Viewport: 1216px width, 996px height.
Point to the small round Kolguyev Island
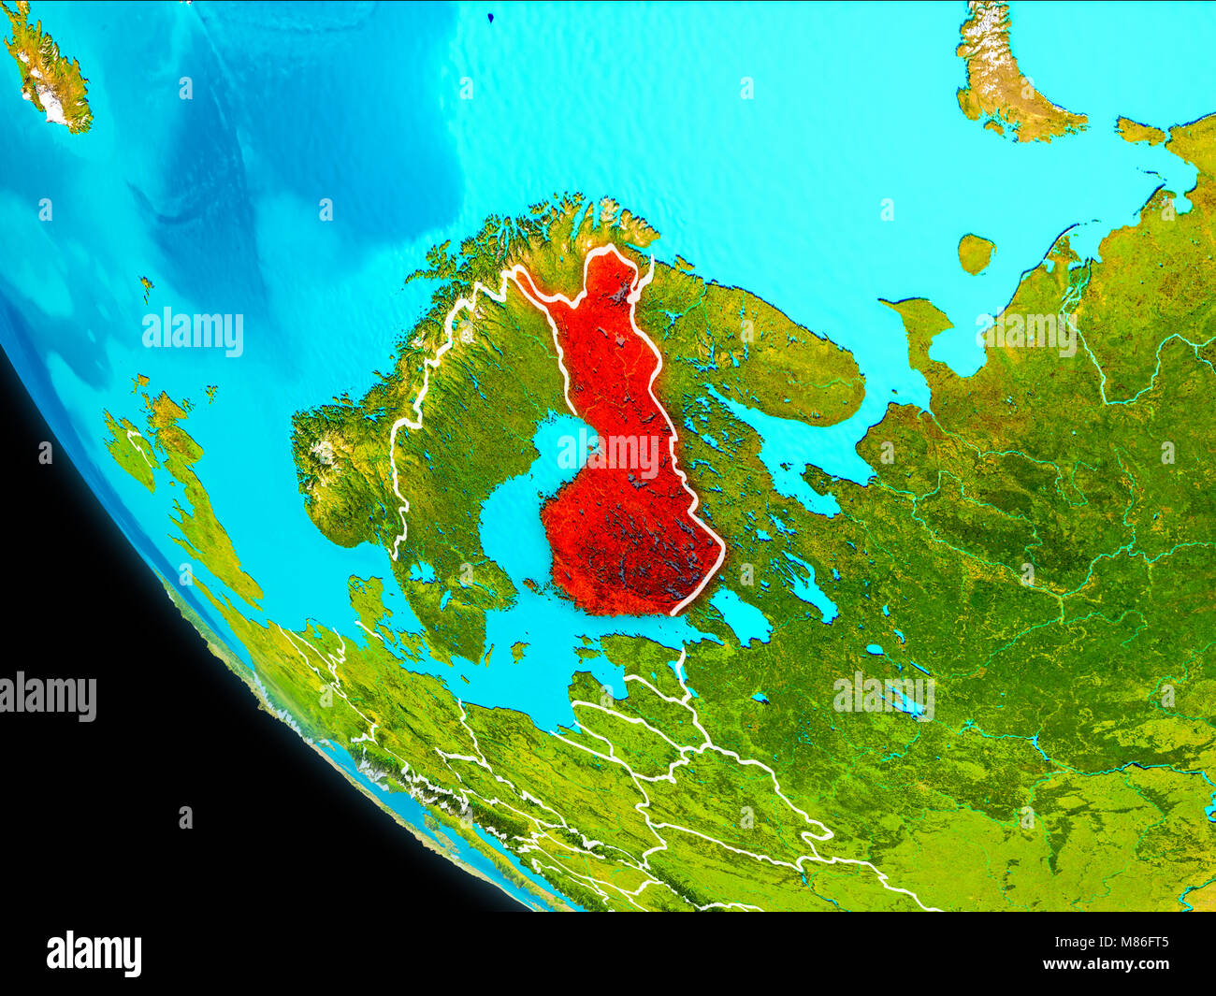[x=975, y=253]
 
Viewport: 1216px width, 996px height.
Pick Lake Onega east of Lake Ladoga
[x=810, y=585]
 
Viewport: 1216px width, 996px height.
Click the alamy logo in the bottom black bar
[x=94, y=953]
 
